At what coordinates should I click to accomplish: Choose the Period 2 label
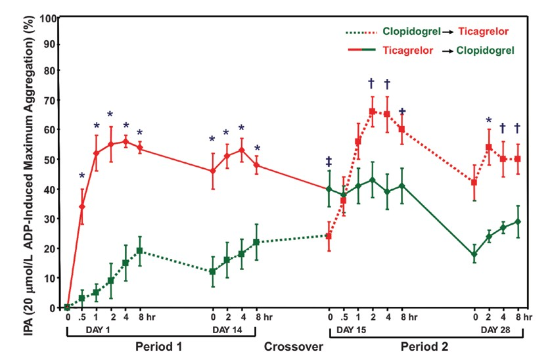point(426,346)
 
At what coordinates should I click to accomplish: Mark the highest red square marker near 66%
point(372,112)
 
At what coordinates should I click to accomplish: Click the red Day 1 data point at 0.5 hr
point(82,206)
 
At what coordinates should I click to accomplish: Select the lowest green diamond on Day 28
point(474,254)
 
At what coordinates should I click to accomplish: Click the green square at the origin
point(67,307)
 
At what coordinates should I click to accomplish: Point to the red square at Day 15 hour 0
point(329,236)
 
